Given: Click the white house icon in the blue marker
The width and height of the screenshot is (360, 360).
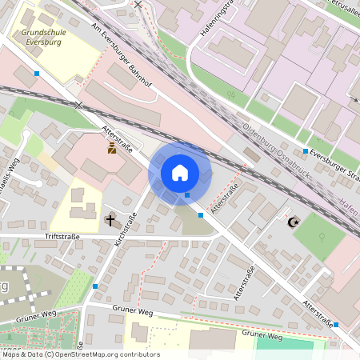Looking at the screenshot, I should pyautogui.click(x=180, y=172).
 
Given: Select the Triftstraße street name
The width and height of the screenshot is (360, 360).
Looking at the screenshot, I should pyautogui.click(x=64, y=236).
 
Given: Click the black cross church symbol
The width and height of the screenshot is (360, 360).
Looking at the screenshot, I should pyautogui.click(x=110, y=218).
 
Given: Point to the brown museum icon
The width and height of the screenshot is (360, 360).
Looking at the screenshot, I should pyautogui.click(x=112, y=148).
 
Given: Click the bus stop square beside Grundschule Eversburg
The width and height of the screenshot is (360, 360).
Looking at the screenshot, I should pyautogui.click(x=37, y=74).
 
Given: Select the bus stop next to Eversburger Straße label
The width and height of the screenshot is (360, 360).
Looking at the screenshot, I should pyautogui.click(x=306, y=150).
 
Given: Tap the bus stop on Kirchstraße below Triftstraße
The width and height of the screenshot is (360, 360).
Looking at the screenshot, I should pyautogui.click(x=95, y=286).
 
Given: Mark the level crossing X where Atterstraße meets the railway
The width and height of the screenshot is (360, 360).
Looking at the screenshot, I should pyautogui.click(x=78, y=105).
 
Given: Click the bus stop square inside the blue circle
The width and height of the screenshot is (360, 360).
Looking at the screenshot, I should pyautogui.click(x=187, y=194).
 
